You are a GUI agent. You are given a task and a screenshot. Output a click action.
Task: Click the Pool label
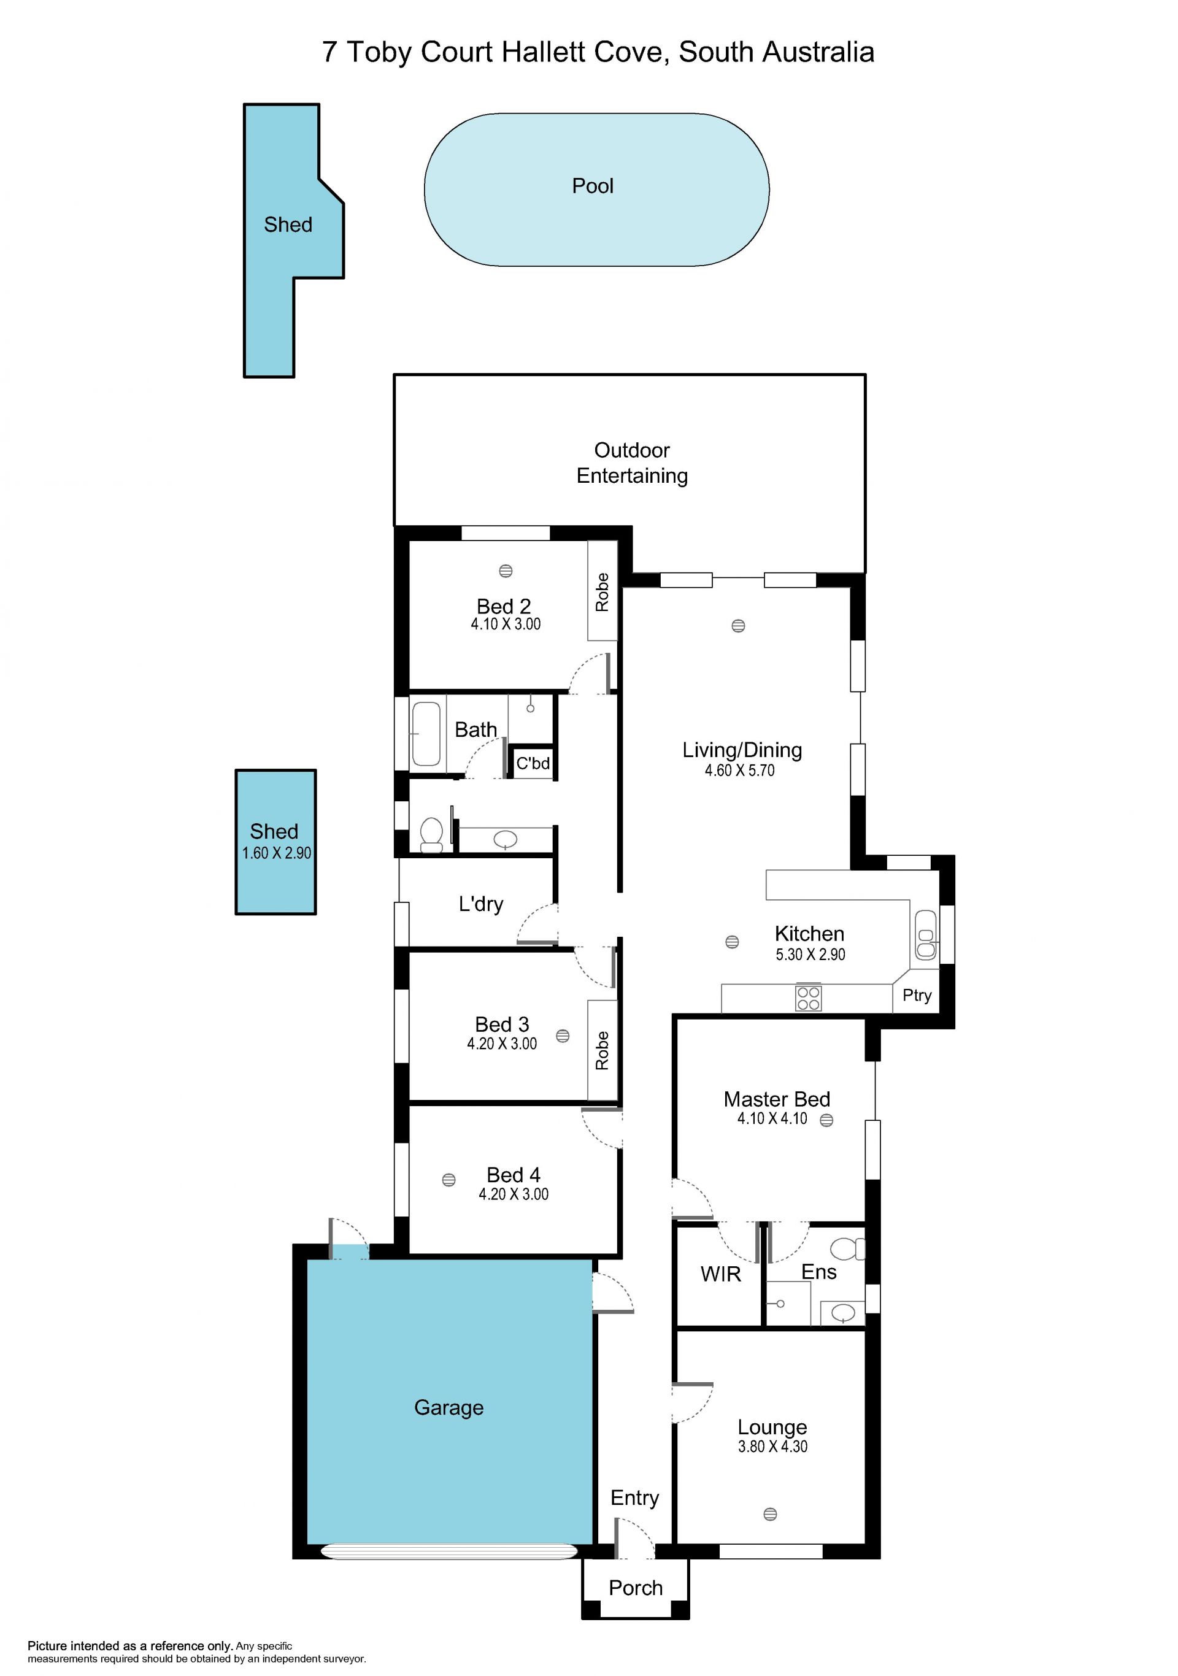[593, 186]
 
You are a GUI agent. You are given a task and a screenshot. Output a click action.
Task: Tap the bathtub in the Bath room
[426, 733]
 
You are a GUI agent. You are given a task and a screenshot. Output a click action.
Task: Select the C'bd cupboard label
[533, 763]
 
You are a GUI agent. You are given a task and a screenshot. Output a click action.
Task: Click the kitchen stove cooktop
[808, 998]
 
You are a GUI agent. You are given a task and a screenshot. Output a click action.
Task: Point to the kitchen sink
[925, 935]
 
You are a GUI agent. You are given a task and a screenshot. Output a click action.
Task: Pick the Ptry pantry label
[917, 996]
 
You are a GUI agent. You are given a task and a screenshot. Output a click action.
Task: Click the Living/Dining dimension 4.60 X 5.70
[739, 770]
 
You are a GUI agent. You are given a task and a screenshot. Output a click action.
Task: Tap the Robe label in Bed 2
[602, 592]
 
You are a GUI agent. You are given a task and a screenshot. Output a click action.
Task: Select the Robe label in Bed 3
[602, 1050]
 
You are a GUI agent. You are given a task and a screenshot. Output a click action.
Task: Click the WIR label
[720, 1274]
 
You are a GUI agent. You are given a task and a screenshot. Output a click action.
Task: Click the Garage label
[449, 1407]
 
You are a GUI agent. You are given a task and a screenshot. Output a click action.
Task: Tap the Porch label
[636, 1588]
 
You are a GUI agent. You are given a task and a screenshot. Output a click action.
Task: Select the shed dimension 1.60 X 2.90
[277, 853]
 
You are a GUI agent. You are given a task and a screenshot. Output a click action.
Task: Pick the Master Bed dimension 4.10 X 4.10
[772, 1118]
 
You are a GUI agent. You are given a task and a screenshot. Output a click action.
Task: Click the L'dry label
[481, 904]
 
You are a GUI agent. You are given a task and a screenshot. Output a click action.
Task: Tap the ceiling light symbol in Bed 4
[449, 1180]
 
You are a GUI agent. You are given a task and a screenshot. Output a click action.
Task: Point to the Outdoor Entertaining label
[632, 463]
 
